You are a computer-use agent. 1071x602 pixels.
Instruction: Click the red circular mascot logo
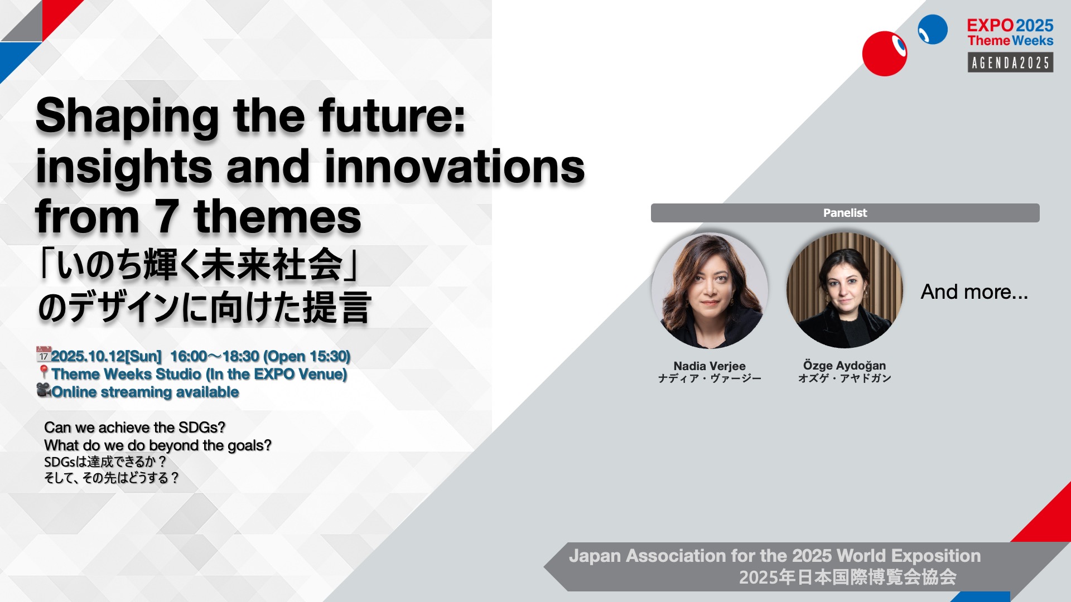pos(885,54)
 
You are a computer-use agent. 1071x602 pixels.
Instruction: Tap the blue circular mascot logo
pos(933,30)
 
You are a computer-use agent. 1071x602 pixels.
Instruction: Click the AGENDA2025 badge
pos(1010,62)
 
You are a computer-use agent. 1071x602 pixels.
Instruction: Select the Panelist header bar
pos(845,213)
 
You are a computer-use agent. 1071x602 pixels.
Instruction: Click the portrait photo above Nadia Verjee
pos(710,290)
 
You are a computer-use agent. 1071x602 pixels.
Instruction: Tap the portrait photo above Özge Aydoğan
pos(845,290)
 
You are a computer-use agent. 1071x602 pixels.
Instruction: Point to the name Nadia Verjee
pos(710,366)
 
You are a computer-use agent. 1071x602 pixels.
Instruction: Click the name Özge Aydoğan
pos(845,366)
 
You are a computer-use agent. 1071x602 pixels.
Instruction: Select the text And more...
pos(974,292)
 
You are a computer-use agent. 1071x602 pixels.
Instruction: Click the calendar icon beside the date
pos(44,354)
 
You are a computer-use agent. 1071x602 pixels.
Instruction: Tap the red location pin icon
pos(44,372)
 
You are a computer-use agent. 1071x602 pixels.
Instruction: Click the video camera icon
pos(44,390)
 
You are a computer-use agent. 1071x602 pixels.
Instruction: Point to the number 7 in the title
pos(166,217)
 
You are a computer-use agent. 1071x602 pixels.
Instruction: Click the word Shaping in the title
pos(127,116)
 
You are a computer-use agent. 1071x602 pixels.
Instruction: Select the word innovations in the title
pos(455,167)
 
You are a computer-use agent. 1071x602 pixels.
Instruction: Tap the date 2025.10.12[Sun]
pos(106,356)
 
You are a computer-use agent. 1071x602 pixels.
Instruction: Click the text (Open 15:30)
pos(307,356)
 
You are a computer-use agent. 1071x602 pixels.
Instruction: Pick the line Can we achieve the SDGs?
pos(135,428)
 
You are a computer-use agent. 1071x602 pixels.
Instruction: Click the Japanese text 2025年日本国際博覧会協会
pos(848,577)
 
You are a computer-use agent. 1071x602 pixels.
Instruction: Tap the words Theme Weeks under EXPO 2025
pos(1010,41)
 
